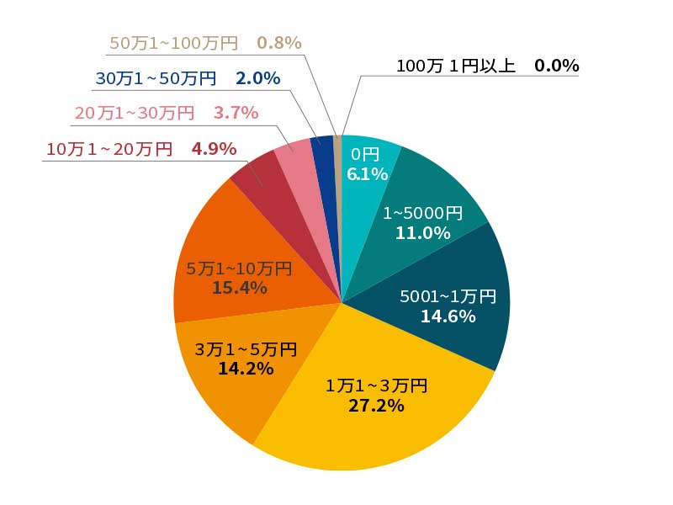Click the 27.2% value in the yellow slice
pos(377,406)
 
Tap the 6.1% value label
pos(367,174)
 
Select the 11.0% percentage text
pos(422,233)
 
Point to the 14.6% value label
pos(448,316)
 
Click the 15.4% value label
pos(240,288)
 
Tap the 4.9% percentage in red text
pos(214,149)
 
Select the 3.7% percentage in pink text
pos(236,112)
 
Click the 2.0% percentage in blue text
pos(257,78)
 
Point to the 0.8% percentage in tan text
pos(278,43)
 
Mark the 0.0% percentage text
pos(556,66)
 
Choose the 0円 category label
pos(365,154)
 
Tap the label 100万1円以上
pos(455,66)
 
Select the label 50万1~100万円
pos(174,43)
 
